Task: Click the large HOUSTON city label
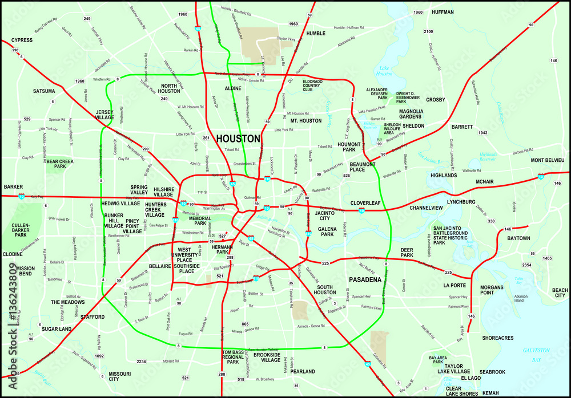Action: pos(238,139)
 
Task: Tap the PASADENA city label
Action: pos(365,280)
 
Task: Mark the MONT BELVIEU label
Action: pos(548,160)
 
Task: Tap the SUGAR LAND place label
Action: pos(57,329)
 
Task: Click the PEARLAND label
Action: pos(302,371)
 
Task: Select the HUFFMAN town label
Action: pos(443,12)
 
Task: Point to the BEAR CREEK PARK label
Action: pos(60,164)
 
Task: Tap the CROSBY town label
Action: pos(435,99)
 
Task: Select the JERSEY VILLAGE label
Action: pos(104,115)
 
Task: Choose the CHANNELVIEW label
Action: pos(426,208)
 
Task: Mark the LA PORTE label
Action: pos(455,285)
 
